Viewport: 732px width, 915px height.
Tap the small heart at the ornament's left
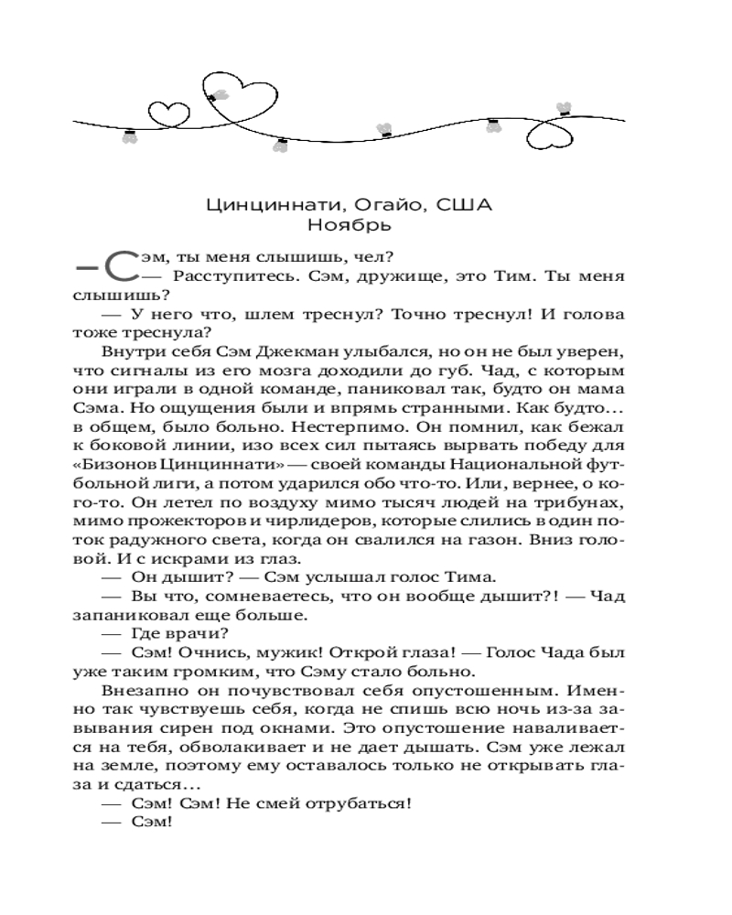point(165,113)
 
